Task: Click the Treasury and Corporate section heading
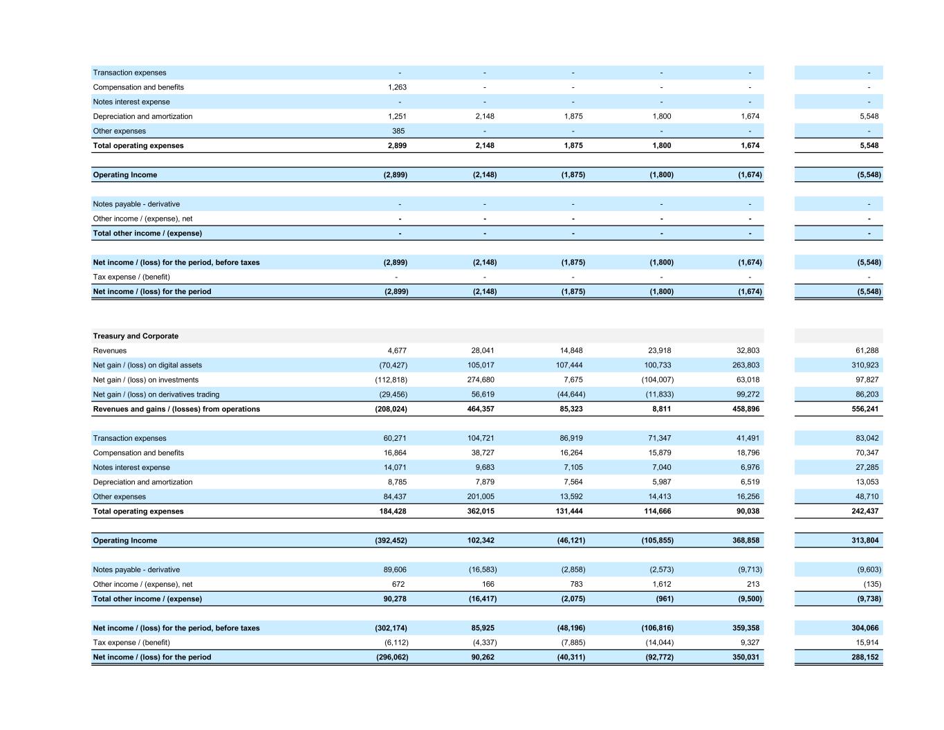(x=136, y=336)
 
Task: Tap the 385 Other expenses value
(x=398, y=131)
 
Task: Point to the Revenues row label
(x=110, y=351)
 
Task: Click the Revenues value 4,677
(x=397, y=351)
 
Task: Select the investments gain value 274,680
(x=481, y=380)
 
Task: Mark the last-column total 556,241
(x=865, y=409)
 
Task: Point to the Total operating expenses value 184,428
(x=393, y=511)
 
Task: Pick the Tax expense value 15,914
(x=867, y=643)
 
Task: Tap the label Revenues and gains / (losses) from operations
(x=176, y=409)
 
